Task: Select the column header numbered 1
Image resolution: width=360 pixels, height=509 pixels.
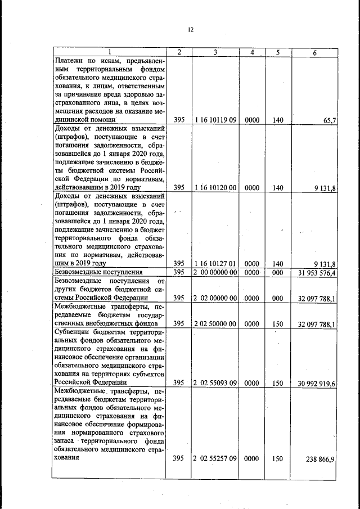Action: coord(110,52)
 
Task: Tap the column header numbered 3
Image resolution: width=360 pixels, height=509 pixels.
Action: coord(215,52)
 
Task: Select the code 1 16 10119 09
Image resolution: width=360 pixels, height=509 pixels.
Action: coord(215,120)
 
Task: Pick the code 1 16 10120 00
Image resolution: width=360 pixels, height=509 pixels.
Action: coord(215,188)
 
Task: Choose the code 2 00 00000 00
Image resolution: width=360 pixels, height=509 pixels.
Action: coord(215,273)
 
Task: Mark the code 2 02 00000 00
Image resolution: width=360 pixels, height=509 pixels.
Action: coord(215,298)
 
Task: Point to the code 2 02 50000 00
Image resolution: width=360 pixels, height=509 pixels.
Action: coord(215,323)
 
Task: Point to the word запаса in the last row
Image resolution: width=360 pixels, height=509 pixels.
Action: coord(66,441)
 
